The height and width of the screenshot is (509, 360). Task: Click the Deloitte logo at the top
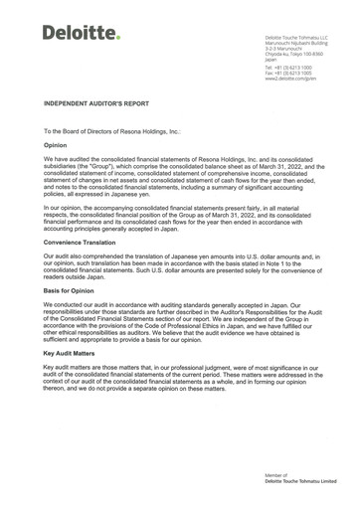point(80,33)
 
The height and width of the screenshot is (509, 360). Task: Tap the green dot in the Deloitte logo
point(117,39)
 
